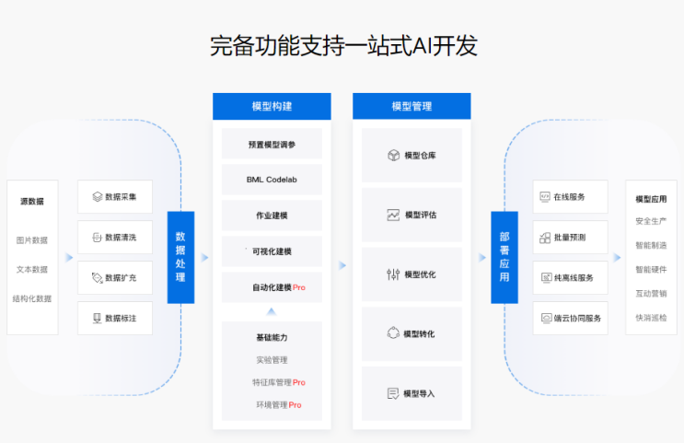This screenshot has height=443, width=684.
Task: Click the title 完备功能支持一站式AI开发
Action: (342, 46)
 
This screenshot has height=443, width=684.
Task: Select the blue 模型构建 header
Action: (272, 106)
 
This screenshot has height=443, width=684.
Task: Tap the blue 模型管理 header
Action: (412, 106)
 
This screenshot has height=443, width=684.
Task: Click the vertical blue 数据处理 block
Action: (180, 257)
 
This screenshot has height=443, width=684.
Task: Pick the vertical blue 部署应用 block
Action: (504, 257)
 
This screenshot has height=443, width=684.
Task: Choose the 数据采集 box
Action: (115, 196)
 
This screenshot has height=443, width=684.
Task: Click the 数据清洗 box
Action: (115, 237)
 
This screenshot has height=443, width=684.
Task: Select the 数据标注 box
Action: (115, 318)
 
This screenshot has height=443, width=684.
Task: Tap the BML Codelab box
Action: (272, 180)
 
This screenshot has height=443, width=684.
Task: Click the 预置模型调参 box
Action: (272, 145)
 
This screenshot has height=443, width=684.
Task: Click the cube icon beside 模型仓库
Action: (393, 155)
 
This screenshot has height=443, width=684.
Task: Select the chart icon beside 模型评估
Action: (393, 215)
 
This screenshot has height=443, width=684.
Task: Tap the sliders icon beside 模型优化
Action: (393, 274)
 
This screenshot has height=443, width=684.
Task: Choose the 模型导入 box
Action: (412, 393)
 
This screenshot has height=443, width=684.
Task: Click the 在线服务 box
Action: (570, 196)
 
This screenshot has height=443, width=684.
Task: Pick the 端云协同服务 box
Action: (570, 318)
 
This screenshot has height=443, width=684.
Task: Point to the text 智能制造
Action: (651, 245)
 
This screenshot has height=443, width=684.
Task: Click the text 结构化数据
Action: (32, 298)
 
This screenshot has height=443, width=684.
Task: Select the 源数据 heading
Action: (32, 201)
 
